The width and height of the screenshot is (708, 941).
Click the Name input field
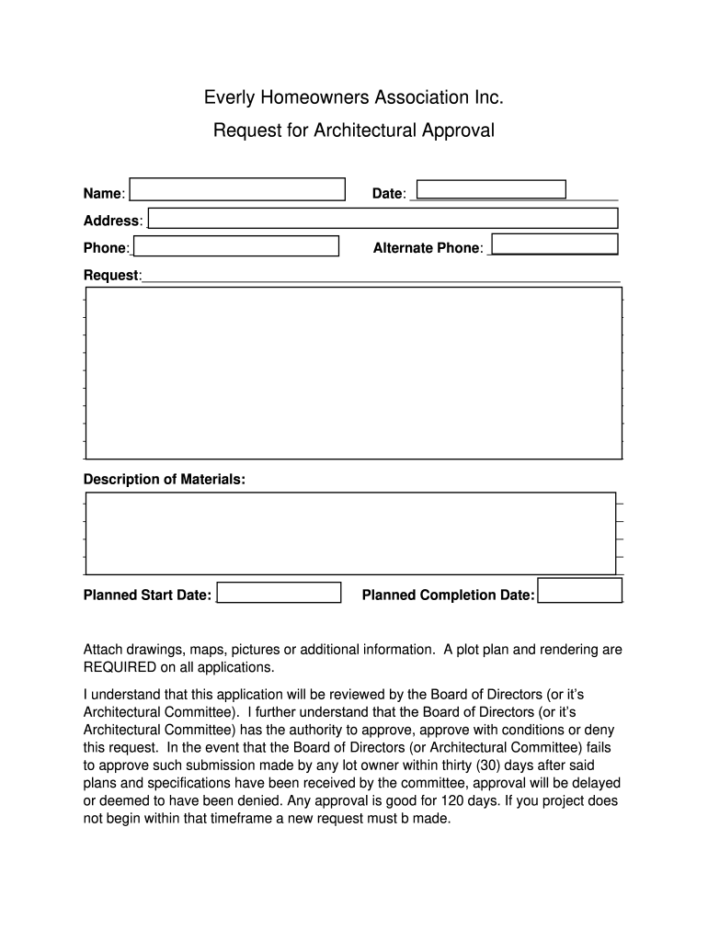click(x=237, y=188)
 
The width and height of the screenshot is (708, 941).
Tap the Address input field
click(x=383, y=218)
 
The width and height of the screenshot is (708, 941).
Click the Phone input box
click(x=236, y=246)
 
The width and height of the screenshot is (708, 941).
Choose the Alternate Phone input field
click(x=554, y=244)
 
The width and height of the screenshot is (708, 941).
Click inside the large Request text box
click(x=354, y=372)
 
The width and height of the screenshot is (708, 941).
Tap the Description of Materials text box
click(x=350, y=533)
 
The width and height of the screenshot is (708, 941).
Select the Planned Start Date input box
click(x=279, y=592)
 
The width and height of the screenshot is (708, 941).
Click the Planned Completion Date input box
click(x=579, y=590)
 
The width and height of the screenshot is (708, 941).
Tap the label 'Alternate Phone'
click(x=426, y=248)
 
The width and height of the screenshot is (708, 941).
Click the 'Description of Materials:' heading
click(x=165, y=480)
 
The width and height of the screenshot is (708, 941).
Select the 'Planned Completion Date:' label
click(x=448, y=595)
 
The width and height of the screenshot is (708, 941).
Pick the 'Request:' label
click(x=112, y=276)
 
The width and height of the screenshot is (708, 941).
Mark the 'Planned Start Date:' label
click(x=147, y=595)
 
